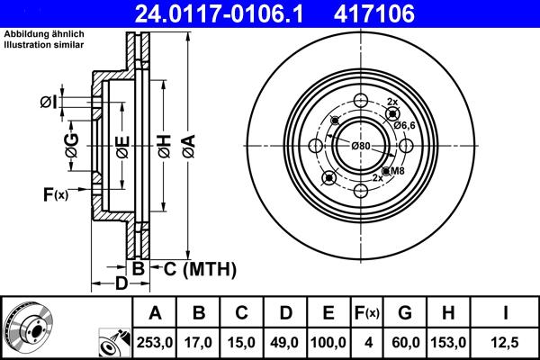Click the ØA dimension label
(x=188, y=143)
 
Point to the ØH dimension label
(x=164, y=143)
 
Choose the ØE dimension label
(x=122, y=143)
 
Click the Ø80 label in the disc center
(x=361, y=146)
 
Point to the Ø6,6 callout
(x=404, y=125)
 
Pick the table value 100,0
(x=328, y=342)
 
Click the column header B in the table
(x=199, y=313)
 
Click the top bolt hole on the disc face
(x=360, y=100)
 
